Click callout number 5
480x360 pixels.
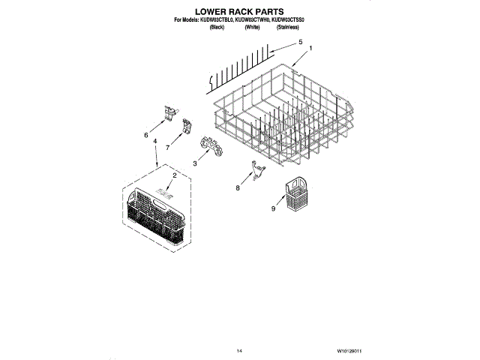(301, 43)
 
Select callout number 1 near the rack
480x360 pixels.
(310, 49)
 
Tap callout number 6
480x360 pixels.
(145, 135)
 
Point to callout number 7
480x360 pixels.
(167, 147)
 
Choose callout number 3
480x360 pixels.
(195, 162)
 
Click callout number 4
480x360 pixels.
(154, 140)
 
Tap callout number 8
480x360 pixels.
(238, 188)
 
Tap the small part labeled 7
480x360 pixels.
(183, 129)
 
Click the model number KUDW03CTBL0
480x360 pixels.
(208, 20)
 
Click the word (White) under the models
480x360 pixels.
(251, 27)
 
